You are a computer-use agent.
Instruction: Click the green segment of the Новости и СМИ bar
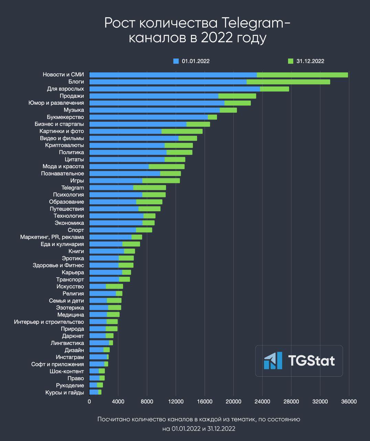coord(302,75)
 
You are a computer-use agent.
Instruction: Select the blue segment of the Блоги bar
coord(168,82)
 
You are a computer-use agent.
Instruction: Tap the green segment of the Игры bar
coord(161,181)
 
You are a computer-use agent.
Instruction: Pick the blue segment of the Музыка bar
coord(154,110)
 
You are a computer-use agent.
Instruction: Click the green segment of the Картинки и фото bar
coord(182,131)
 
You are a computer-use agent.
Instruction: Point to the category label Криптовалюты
coord(64,145)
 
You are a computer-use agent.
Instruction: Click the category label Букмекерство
coord(65,117)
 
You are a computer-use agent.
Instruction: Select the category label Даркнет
coord(73,336)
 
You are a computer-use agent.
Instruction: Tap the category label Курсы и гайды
coord(64,392)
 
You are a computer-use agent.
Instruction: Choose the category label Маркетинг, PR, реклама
coord(52,237)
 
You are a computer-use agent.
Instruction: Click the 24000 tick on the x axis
coord(262,402)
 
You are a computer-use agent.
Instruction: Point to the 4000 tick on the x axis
coord(118,402)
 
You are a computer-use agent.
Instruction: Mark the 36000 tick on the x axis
coord(349,402)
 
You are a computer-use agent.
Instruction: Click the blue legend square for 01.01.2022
coord(176,61)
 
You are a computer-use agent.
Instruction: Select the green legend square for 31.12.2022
coord(290,61)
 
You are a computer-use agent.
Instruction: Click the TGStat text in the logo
coord(311,361)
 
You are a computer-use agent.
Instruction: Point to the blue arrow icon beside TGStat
coord(273,361)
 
